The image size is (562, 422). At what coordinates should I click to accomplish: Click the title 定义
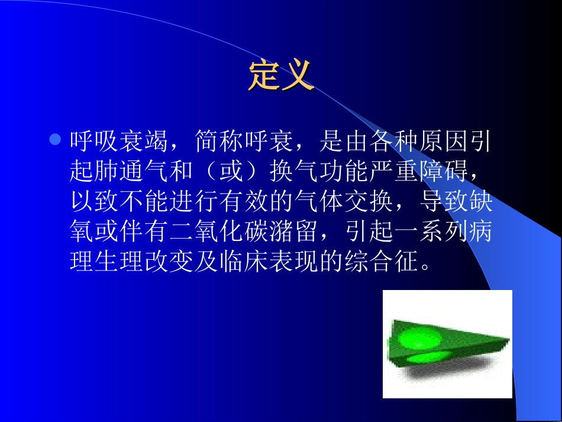pyautogui.click(x=280, y=75)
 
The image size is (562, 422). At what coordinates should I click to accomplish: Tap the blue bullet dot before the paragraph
pyautogui.click(x=54, y=140)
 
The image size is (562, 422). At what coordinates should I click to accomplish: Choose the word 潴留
pyautogui.click(x=293, y=231)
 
